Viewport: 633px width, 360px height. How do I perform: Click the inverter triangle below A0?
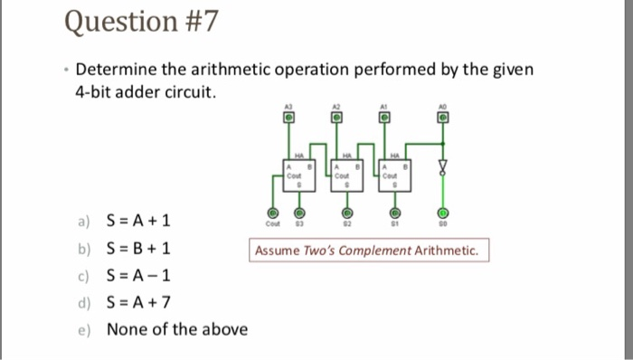click(442, 167)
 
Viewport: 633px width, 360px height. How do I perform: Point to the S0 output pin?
click(442, 213)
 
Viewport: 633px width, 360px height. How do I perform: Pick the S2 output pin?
click(348, 213)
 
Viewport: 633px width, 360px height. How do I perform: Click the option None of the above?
click(176, 328)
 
